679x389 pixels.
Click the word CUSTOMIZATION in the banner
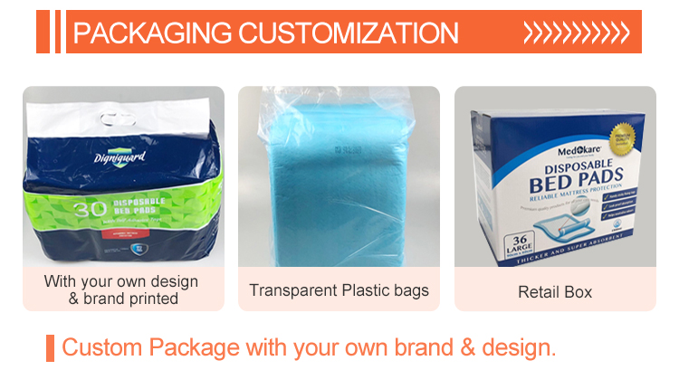(x=349, y=33)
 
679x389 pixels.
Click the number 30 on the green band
(x=60, y=208)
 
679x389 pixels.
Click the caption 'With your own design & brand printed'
(x=123, y=289)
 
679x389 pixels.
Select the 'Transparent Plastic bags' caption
(x=339, y=290)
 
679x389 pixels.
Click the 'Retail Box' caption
(x=554, y=291)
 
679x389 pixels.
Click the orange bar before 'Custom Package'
(x=50, y=347)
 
